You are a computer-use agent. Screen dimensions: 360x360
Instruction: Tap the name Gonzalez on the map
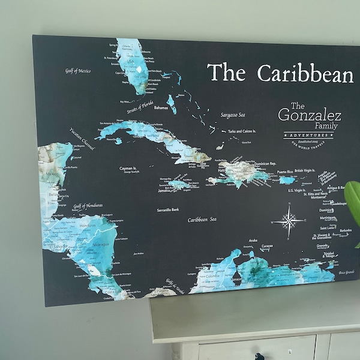[x=310, y=115]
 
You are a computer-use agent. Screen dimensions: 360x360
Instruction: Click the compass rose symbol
[x=289, y=222]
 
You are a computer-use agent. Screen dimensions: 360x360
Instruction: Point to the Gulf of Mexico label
[x=78, y=71]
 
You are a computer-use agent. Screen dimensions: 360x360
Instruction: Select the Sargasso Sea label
[x=220, y=115]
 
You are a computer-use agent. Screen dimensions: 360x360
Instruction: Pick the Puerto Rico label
[x=286, y=173]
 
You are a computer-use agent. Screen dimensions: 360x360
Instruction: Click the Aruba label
[x=253, y=241]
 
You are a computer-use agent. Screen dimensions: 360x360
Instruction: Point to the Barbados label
[x=345, y=230]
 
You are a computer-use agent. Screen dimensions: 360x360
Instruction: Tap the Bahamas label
[x=160, y=108]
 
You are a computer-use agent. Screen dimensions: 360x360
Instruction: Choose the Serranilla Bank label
[x=168, y=211]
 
